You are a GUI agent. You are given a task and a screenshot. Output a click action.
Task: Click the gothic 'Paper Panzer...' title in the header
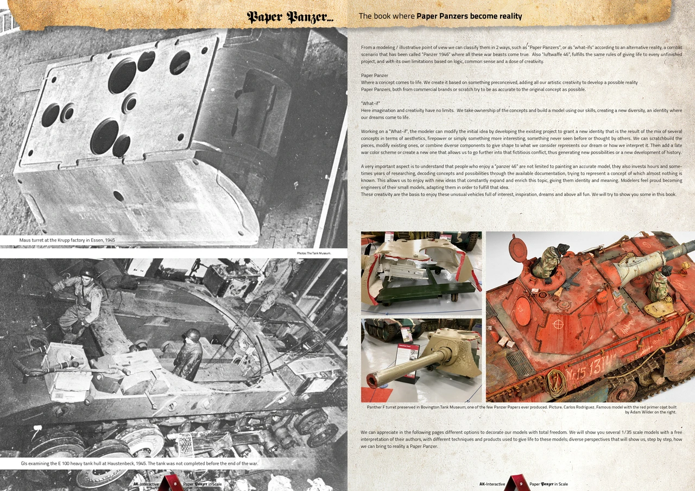[290, 17]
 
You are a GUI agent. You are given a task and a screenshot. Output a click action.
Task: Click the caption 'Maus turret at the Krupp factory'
[67, 240]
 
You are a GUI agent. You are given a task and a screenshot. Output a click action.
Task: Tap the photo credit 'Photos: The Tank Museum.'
[314, 253]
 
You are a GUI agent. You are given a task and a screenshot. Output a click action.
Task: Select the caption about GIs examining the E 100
[140, 463]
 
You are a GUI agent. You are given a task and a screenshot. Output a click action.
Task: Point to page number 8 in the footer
[175, 483]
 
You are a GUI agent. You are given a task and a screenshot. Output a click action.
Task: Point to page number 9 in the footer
[521, 483]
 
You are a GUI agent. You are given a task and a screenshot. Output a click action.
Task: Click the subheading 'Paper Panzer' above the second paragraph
[375, 75]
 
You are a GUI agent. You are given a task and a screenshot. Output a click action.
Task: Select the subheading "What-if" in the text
[370, 103]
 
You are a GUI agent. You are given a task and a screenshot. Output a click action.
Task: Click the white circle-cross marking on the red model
[556, 325]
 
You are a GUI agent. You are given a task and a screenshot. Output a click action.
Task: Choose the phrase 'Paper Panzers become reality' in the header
[469, 16]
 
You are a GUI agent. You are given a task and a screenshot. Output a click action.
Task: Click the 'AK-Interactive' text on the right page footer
[492, 484]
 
